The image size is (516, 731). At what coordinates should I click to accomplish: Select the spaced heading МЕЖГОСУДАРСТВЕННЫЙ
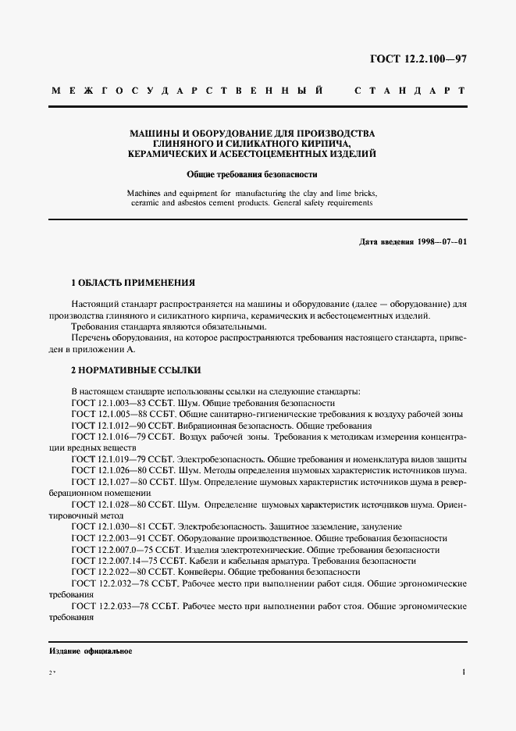point(187,91)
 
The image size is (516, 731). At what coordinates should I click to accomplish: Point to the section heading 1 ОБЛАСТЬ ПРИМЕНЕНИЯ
point(132,282)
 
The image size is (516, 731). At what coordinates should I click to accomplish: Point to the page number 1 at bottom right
point(464,672)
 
